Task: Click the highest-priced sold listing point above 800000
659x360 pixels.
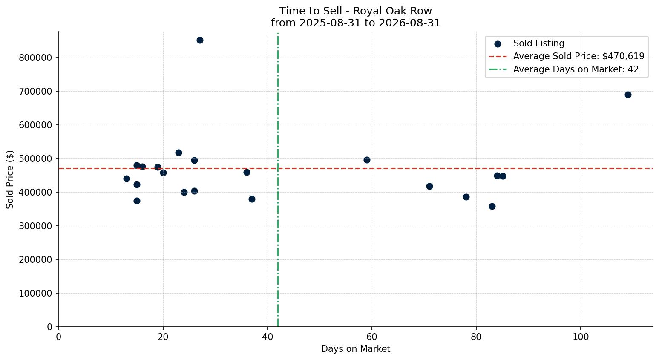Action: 200,40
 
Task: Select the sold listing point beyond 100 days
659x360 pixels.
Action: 628,95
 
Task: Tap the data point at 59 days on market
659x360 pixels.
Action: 367,160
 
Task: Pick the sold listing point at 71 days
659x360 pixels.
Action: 429,186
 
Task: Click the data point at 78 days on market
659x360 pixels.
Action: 466,197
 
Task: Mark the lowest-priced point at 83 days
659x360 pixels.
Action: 492,207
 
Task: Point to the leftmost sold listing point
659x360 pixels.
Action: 127,179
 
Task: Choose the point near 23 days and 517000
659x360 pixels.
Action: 178,153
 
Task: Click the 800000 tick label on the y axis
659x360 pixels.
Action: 35,58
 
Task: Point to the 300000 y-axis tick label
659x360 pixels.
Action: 35,226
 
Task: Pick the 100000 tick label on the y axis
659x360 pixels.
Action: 35,294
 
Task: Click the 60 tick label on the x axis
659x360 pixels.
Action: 372,337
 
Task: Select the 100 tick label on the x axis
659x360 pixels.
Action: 581,337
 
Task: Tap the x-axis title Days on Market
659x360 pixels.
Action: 356,349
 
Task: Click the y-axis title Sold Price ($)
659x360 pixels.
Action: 10,179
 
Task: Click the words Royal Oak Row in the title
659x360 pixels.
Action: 392,11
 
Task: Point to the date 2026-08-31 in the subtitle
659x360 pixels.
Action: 409,23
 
